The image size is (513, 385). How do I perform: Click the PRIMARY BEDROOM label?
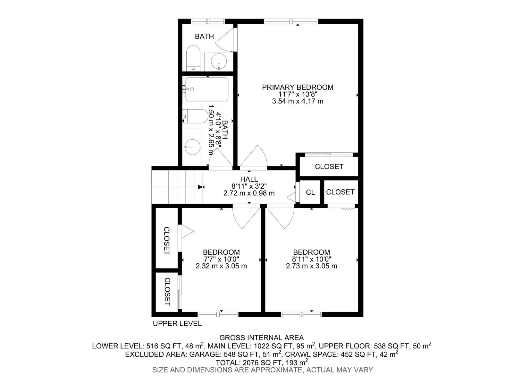point(298,87)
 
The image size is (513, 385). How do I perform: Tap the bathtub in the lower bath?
point(207,89)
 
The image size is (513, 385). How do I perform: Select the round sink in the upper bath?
point(219,62)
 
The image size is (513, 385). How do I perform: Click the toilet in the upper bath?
point(193,58)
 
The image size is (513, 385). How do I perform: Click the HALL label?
point(249,179)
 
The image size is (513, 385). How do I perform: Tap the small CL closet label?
point(310,192)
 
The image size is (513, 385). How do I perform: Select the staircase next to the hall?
point(177,187)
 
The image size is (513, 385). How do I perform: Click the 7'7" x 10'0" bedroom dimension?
point(221,259)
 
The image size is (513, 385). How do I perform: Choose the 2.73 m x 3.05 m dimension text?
point(312,266)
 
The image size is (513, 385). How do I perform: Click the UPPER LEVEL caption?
point(177,323)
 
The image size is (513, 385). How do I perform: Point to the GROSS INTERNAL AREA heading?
point(262,338)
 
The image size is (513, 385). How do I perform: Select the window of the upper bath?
point(208,21)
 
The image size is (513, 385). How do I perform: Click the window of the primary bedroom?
point(291,21)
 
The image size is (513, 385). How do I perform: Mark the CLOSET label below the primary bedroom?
point(329,167)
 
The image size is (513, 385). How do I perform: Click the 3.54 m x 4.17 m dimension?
point(298,101)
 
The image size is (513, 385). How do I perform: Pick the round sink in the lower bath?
point(192,147)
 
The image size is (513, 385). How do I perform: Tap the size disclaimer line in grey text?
point(263,370)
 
